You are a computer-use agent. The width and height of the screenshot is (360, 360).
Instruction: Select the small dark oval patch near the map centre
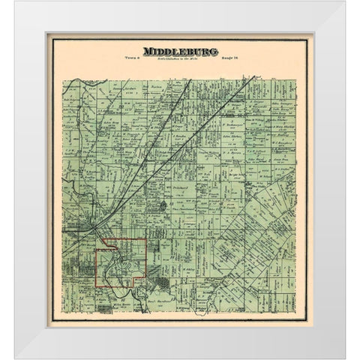point(174,203)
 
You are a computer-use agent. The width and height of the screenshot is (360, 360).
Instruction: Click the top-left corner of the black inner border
point(49,34)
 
